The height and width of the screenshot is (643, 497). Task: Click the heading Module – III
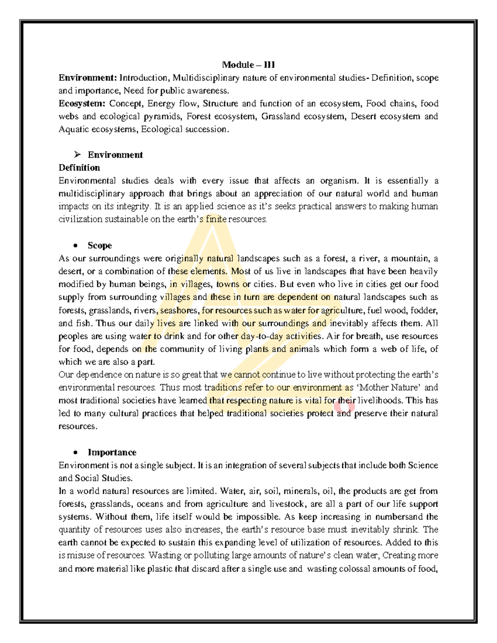[x=248, y=65]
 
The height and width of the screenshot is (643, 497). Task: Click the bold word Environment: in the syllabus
[x=88, y=78]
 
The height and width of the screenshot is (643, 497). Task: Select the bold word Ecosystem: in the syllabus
[x=82, y=104]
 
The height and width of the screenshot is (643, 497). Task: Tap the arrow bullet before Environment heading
[x=77, y=155]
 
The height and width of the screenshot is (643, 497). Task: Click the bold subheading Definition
[x=79, y=168]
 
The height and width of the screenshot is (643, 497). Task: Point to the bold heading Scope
[x=99, y=246]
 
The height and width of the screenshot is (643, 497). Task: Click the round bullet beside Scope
[x=75, y=246]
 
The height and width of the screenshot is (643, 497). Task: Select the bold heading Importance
[x=112, y=452]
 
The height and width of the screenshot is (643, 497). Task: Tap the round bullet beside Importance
[x=75, y=453]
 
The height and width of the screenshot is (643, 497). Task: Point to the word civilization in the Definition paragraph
[x=80, y=219]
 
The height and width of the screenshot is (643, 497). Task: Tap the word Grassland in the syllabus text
[x=280, y=116]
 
